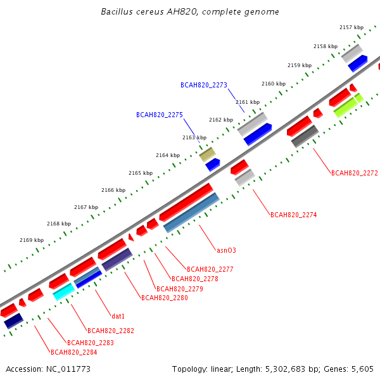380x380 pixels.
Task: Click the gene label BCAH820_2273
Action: (x=203, y=84)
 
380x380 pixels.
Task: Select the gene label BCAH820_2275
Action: (x=159, y=115)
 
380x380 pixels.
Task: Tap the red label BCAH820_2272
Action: (x=354, y=172)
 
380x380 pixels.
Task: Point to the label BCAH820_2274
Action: (x=293, y=215)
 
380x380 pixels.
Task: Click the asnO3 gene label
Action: (x=226, y=250)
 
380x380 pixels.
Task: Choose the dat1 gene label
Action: (x=118, y=315)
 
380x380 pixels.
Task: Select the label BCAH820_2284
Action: (x=73, y=352)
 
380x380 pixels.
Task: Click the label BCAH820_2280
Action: (x=164, y=298)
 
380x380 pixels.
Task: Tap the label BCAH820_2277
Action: (x=210, y=269)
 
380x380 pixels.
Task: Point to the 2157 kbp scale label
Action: (x=351, y=27)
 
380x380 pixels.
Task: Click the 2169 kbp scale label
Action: (x=32, y=240)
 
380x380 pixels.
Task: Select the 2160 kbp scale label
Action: (x=274, y=84)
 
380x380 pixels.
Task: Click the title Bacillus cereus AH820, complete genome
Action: (x=190, y=12)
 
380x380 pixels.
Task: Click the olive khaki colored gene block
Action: (x=207, y=154)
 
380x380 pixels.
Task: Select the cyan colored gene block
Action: (x=63, y=291)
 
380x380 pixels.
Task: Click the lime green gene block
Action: (x=348, y=105)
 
